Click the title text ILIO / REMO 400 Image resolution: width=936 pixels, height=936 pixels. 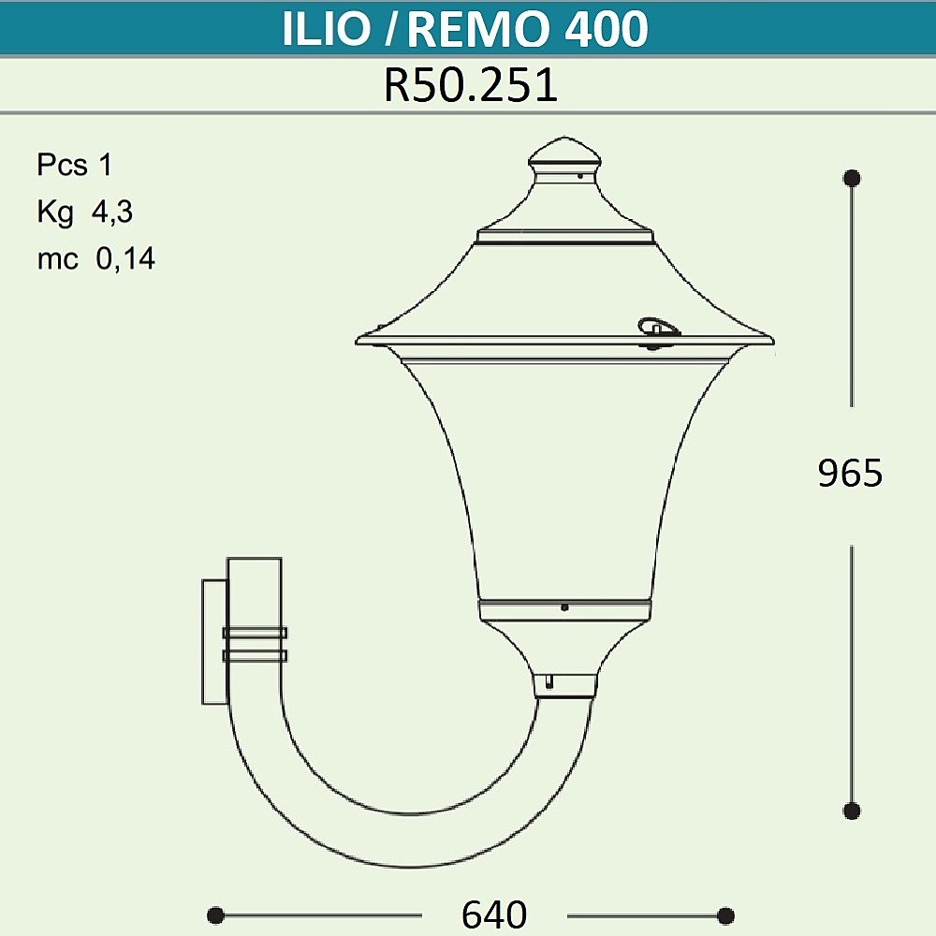coord(465,29)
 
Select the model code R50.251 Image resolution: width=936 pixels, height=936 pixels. coord(471,86)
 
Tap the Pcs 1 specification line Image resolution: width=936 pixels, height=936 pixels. coord(74,166)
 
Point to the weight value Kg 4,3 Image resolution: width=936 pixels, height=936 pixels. coord(85,212)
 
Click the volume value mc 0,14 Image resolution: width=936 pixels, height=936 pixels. coord(95,259)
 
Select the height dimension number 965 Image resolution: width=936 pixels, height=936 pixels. coord(850,474)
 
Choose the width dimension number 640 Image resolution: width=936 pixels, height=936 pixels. coord(494,914)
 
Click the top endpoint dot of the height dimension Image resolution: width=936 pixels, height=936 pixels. coord(852,177)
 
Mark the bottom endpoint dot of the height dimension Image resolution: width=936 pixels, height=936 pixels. coord(852,811)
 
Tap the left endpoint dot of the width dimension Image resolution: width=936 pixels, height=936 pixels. coord(215,914)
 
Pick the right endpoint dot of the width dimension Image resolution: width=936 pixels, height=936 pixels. coord(725,914)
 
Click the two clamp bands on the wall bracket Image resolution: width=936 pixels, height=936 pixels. coord(254,644)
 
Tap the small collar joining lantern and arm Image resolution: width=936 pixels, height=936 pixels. coord(564,685)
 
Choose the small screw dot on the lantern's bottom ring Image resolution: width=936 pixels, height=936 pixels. coord(564,607)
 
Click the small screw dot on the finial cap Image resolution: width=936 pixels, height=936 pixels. coord(580,174)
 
